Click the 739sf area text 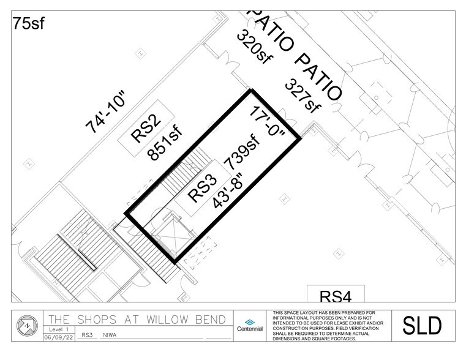pyautogui.click(x=242, y=154)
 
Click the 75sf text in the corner pyautogui.click(x=29, y=24)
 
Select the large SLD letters pyautogui.click(x=421, y=326)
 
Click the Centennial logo pyautogui.click(x=249, y=325)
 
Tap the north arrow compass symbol pyautogui.click(x=26, y=325)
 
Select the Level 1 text pyautogui.click(x=56, y=329)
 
